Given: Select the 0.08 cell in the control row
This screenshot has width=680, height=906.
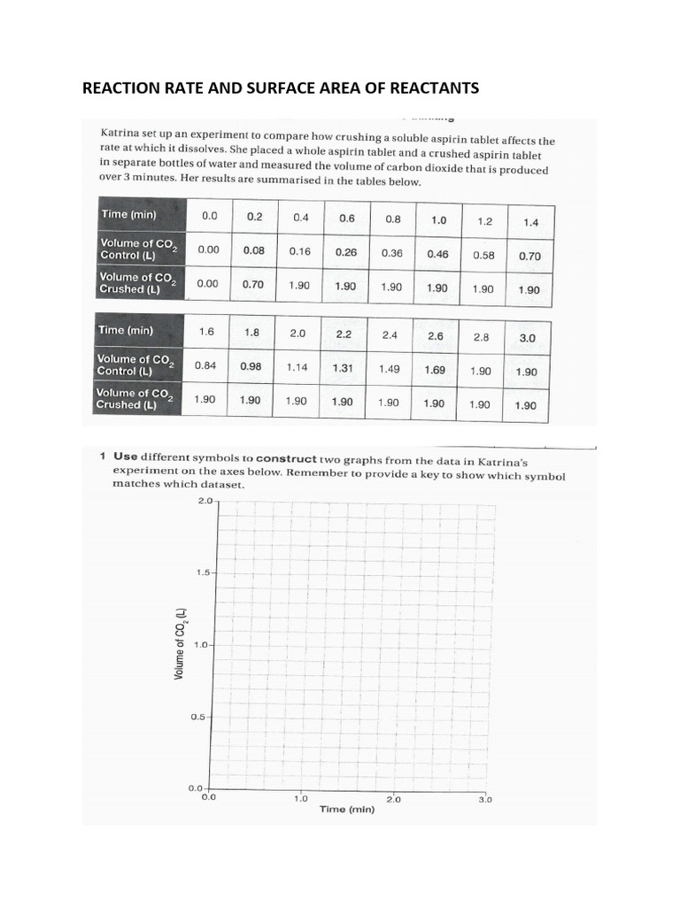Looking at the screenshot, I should click(254, 250).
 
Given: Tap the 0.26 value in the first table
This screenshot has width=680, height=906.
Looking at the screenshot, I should click(345, 251).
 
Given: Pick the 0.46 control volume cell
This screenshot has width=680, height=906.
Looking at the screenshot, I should click(437, 253).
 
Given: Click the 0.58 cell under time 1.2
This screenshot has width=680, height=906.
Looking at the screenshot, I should click(483, 254).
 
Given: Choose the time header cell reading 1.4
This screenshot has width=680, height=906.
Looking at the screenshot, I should click(530, 223).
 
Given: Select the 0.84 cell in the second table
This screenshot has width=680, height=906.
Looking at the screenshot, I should click(206, 365).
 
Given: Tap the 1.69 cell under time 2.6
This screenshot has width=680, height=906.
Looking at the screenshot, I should click(435, 370).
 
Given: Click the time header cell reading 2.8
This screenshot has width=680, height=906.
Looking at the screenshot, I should click(481, 337).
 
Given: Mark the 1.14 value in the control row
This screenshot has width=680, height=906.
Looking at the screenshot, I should click(297, 367).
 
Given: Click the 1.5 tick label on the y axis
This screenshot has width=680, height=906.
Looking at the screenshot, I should click(204, 572).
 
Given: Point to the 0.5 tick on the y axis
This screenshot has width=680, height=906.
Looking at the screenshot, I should click(198, 717).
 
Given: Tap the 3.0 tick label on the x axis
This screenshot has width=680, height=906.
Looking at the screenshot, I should click(485, 799).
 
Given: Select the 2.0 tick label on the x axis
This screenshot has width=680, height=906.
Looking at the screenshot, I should click(393, 798).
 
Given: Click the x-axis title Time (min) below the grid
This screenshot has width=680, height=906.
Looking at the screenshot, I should click(347, 810).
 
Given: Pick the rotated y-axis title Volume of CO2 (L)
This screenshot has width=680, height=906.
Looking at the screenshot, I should click(180, 644).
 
